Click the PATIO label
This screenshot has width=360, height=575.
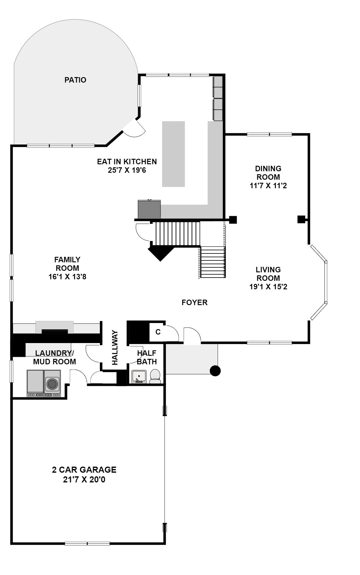(75, 80)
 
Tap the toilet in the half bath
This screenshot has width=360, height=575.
(155, 376)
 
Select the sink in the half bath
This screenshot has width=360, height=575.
(139, 376)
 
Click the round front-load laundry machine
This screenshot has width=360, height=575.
(53, 383)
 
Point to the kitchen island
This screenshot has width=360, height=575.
(173, 154)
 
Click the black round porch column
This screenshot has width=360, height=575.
(215, 371)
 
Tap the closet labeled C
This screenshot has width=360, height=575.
(158, 332)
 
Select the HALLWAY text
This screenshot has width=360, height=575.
(115, 348)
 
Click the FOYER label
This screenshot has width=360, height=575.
(195, 302)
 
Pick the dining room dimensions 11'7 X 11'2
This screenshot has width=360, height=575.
(268, 185)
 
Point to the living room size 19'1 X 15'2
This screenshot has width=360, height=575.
(268, 286)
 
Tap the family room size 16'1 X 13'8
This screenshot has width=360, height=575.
(67, 277)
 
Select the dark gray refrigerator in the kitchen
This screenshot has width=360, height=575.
(149, 209)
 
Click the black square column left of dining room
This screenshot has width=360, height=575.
(233, 220)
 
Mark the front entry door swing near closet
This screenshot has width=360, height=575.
(192, 336)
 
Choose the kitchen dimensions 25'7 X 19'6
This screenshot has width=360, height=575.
(127, 170)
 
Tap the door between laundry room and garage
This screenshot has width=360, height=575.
(78, 377)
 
